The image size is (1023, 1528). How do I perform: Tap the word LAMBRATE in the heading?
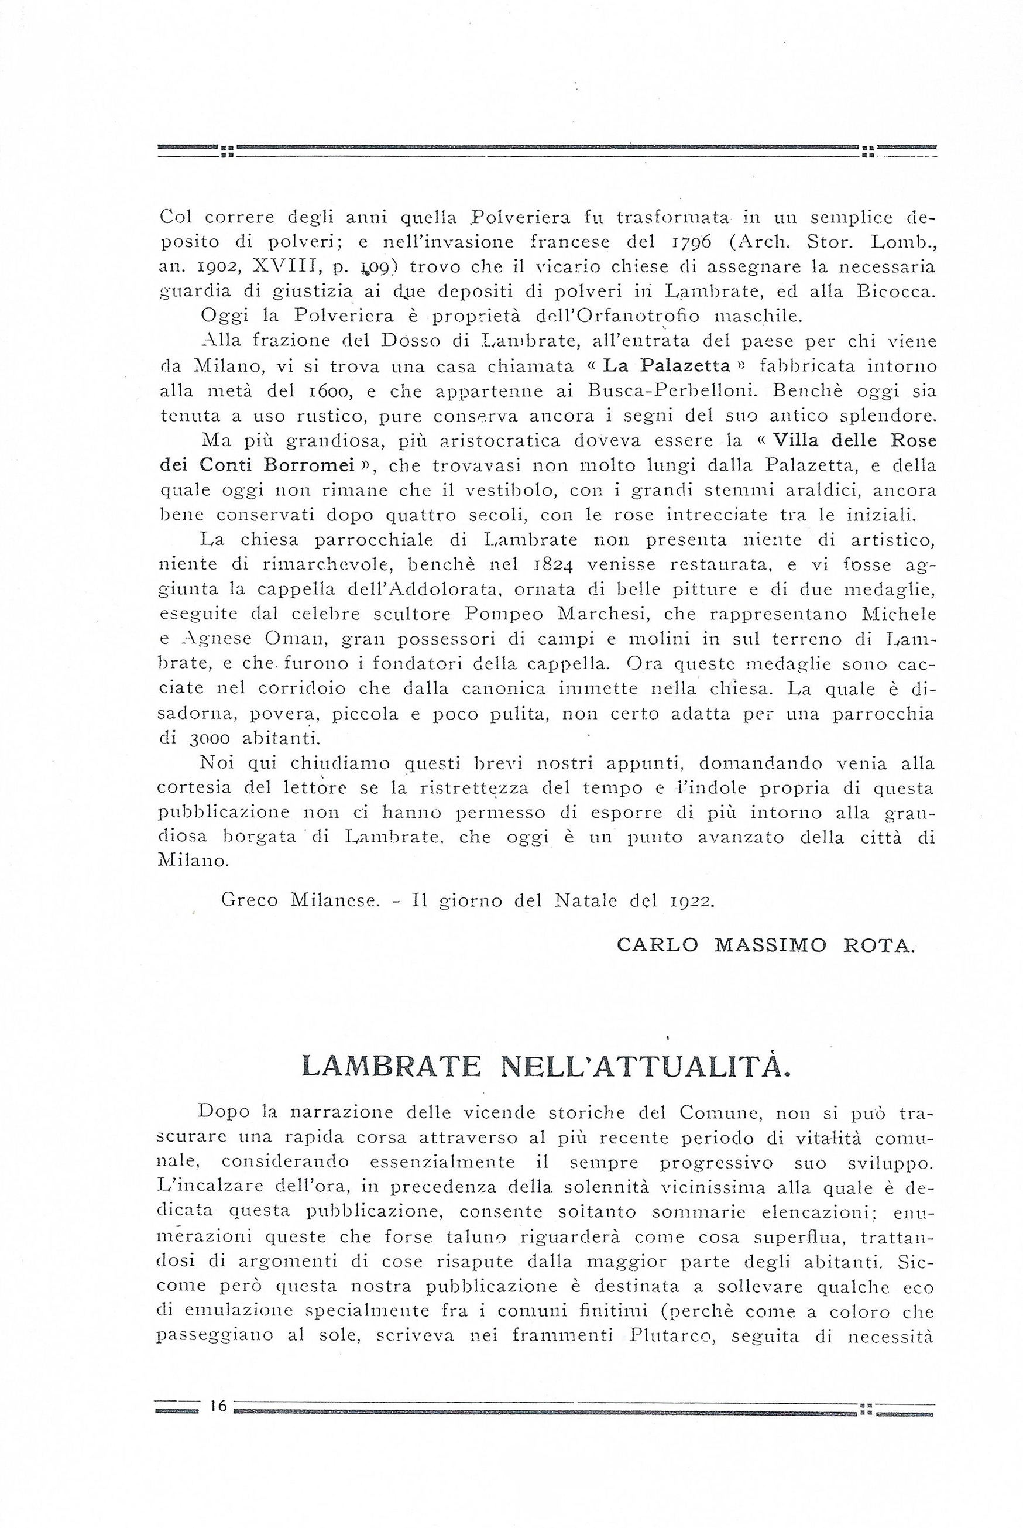point(392,1067)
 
